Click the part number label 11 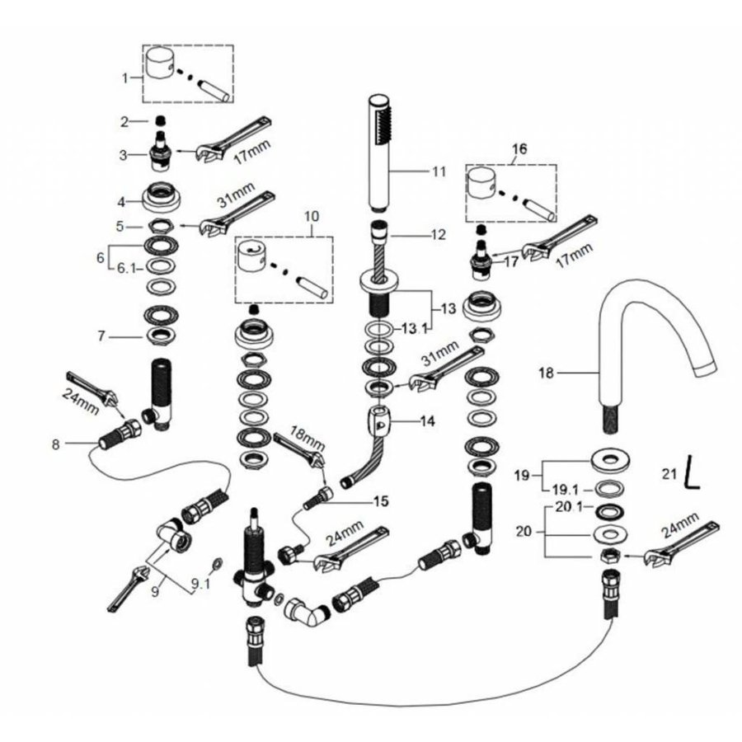coord(438,171)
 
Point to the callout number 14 coord(427,419)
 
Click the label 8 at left coord(56,445)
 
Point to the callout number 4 coord(120,200)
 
